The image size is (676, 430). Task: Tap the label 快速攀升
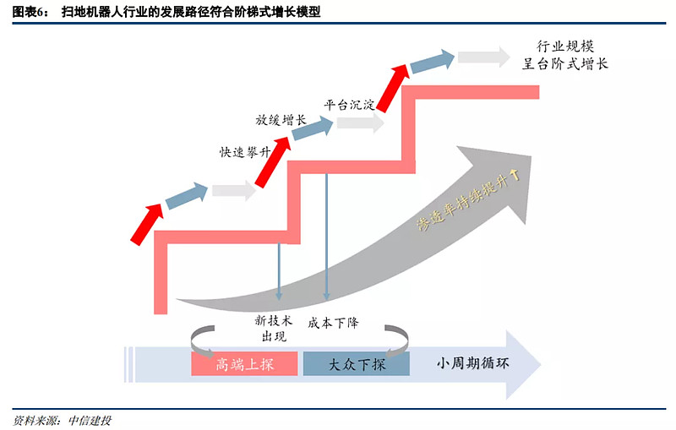245,153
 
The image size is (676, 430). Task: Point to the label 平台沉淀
349,106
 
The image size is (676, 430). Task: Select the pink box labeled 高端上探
244,364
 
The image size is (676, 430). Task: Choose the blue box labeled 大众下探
356,364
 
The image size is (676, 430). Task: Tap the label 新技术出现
273,329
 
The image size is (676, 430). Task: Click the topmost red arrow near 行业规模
394,85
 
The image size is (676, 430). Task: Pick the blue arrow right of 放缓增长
313,128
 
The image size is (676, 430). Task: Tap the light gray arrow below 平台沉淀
359,123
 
